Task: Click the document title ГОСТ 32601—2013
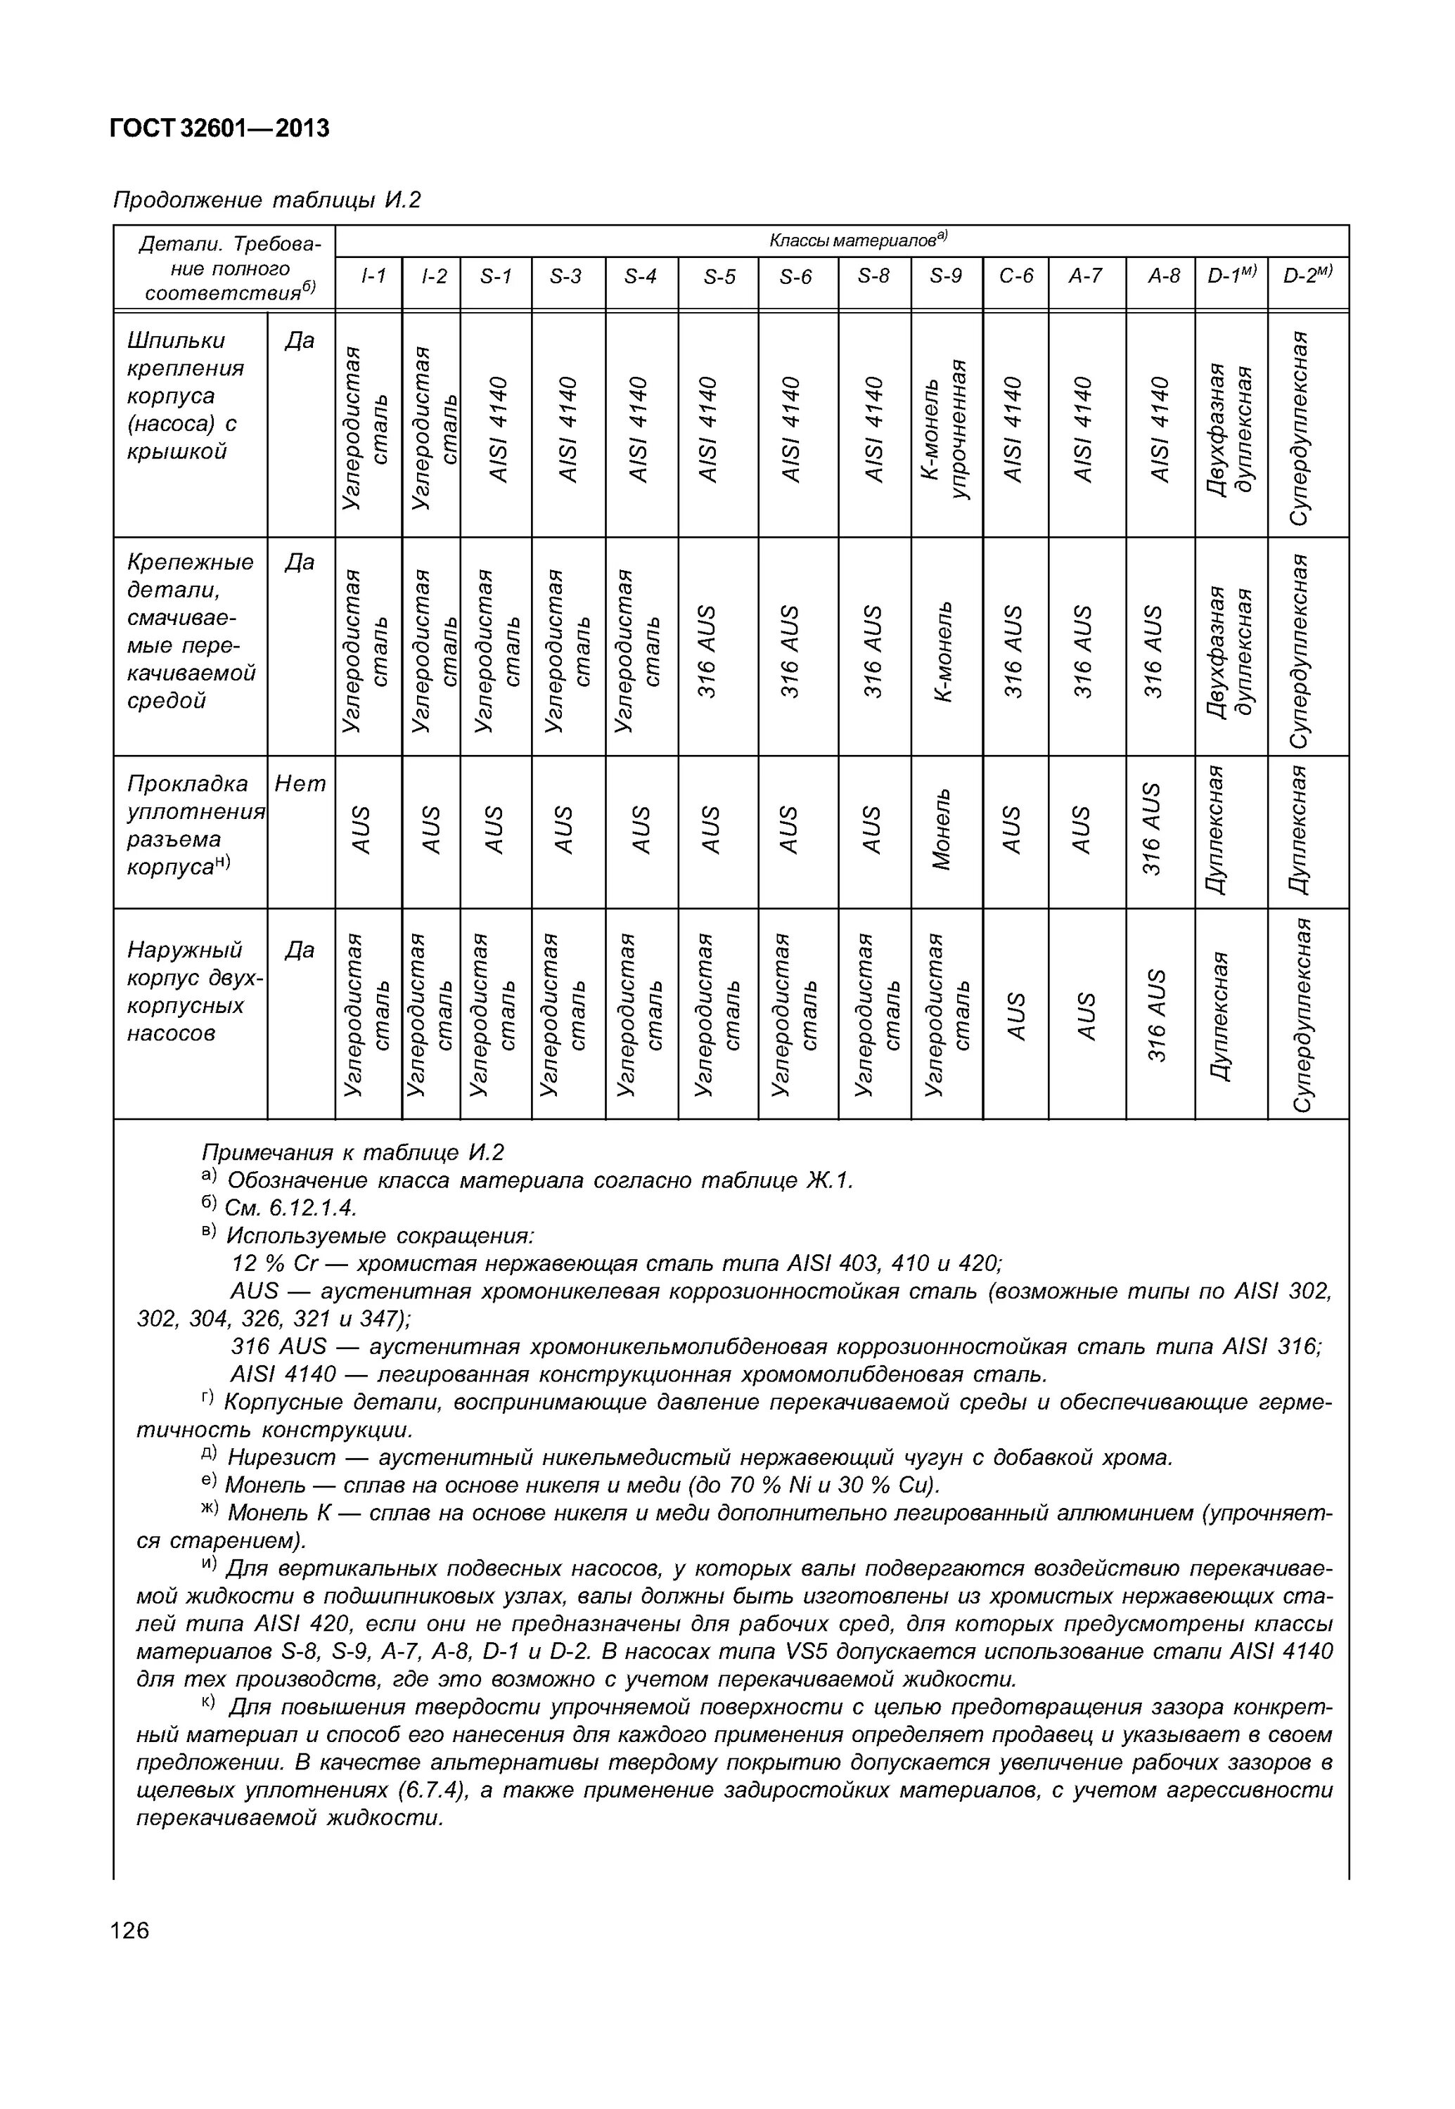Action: [x=219, y=129]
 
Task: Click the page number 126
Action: [x=129, y=1930]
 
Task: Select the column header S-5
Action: [x=719, y=276]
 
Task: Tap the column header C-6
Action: [x=1015, y=276]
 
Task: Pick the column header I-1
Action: [x=368, y=276]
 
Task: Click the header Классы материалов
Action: [x=857, y=240]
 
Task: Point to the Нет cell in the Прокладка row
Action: [x=300, y=784]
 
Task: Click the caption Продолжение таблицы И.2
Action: [x=267, y=200]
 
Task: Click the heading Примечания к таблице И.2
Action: [x=352, y=1153]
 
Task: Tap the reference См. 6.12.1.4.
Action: [x=290, y=1208]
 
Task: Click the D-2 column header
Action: [x=1307, y=276]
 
